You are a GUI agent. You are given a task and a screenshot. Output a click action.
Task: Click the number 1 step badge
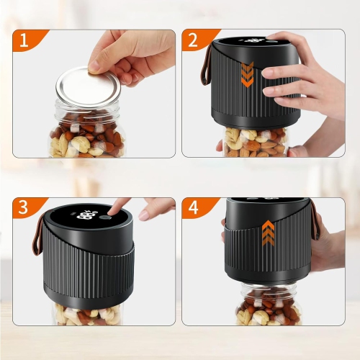pyautogui.click(x=24, y=42)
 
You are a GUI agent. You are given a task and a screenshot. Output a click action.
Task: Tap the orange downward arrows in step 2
pyautogui.click(x=247, y=74)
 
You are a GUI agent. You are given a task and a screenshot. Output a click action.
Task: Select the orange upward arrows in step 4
pyautogui.click(x=268, y=233)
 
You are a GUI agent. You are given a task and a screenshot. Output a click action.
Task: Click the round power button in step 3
pyautogui.click(x=105, y=216)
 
